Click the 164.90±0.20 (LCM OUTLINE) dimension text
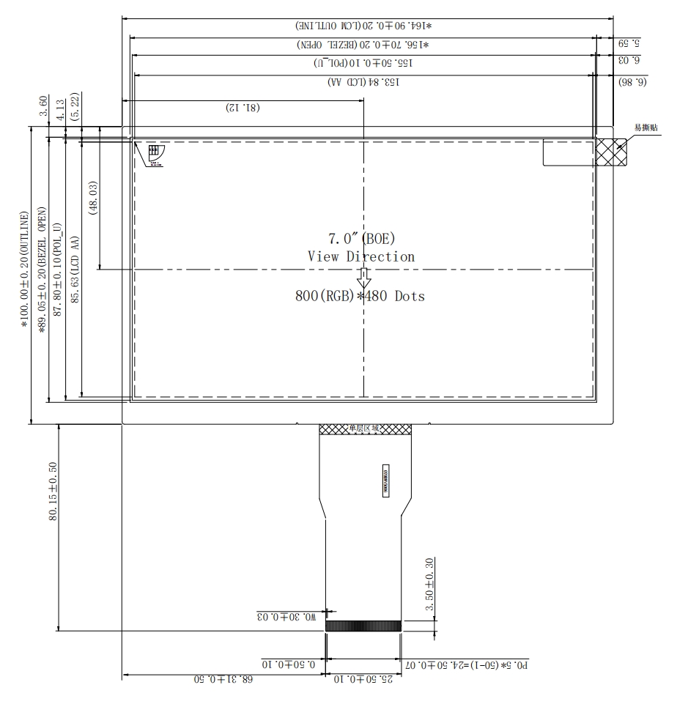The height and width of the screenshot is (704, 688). pyautogui.click(x=363, y=26)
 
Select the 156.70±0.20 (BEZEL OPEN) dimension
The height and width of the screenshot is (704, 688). pyautogui.click(x=363, y=45)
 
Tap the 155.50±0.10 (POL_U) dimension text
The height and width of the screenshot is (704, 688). pyautogui.click(x=363, y=64)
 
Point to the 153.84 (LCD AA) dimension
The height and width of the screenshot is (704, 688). pyautogui.click(x=363, y=82)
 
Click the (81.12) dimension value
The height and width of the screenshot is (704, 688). pyautogui.click(x=243, y=108)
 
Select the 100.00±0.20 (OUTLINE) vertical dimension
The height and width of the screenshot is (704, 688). pyautogui.click(x=25, y=270)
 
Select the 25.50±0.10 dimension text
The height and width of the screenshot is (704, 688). pyautogui.click(x=363, y=680)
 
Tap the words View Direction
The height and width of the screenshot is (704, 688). pyautogui.click(x=361, y=256)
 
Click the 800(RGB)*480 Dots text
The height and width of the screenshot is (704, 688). pyautogui.click(x=361, y=296)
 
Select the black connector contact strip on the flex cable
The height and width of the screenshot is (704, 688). pyautogui.click(x=363, y=626)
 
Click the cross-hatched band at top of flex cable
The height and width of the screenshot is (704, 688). pyautogui.click(x=364, y=429)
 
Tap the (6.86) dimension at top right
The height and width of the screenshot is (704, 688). pyautogui.click(x=632, y=82)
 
